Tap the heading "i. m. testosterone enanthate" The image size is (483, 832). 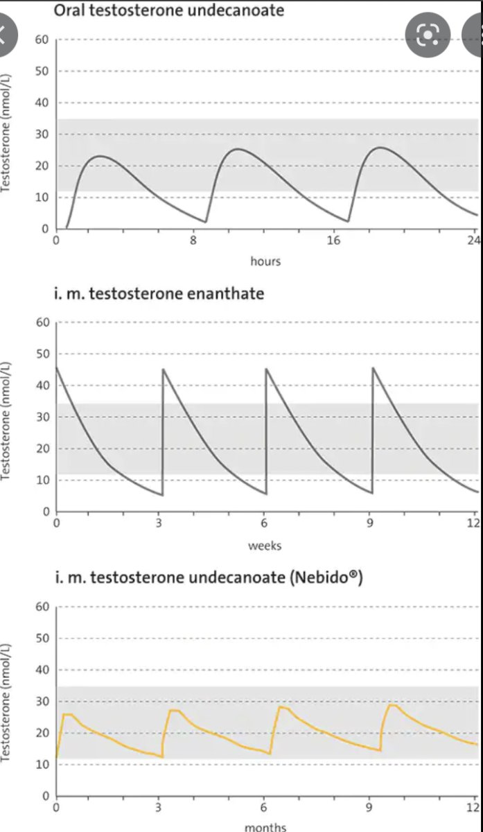point(159,293)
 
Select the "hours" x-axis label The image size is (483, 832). point(265,261)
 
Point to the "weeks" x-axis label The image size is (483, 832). point(265,546)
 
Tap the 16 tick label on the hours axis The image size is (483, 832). point(334,241)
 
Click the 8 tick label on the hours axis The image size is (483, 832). point(195,241)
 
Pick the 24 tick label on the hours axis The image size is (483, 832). point(473,241)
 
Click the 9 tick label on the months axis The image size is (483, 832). point(369,808)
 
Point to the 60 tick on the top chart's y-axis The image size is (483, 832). point(42,40)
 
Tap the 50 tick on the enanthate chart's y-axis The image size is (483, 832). point(42,354)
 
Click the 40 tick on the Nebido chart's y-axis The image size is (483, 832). point(42,670)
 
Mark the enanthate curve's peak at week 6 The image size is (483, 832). point(267,369)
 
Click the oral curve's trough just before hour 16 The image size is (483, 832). point(347,221)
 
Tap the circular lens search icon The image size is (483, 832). point(428,35)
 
